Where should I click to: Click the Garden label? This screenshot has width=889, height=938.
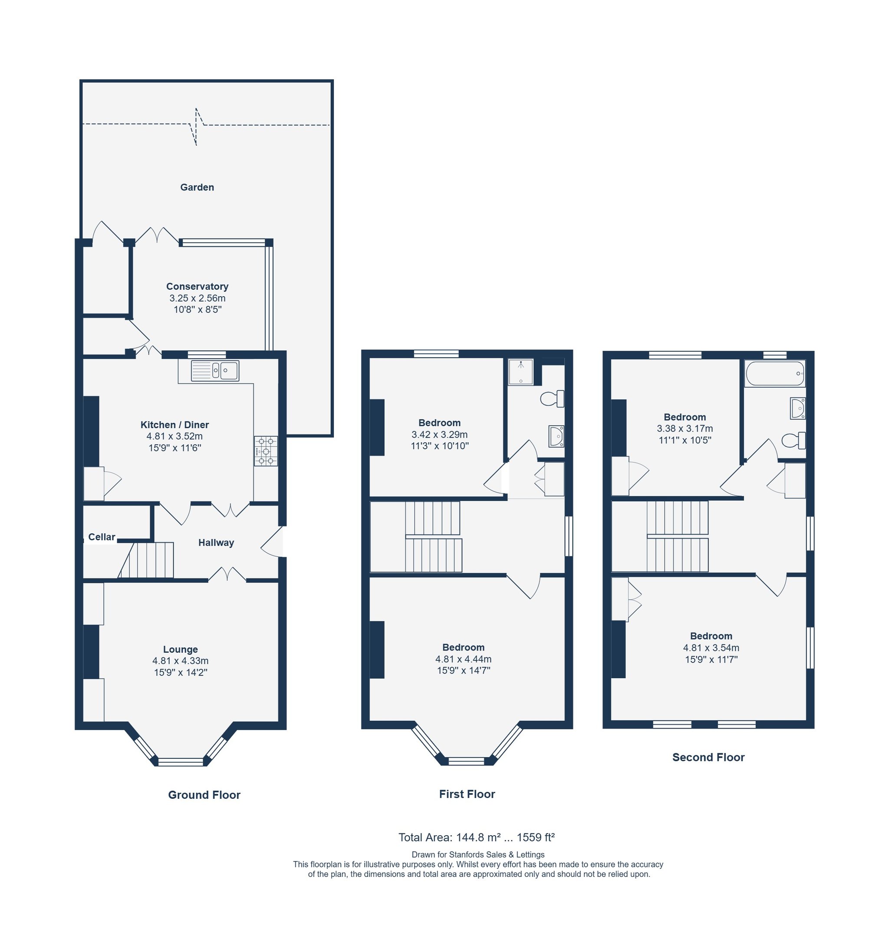pyautogui.click(x=197, y=187)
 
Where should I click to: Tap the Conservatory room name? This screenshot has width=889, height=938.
pyautogui.click(x=197, y=287)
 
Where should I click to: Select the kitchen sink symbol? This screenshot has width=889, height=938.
pyautogui.click(x=215, y=371)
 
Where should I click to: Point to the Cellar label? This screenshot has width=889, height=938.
pyautogui.click(x=102, y=537)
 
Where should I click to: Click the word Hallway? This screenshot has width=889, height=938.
pyautogui.click(x=216, y=543)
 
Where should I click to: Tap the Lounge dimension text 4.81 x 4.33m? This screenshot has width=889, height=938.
pyautogui.click(x=181, y=661)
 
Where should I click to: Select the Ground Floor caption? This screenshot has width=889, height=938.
pyautogui.click(x=204, y=795)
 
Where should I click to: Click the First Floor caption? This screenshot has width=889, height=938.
pyautogui.click(x=467, y=794)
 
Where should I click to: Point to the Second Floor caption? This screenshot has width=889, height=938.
pyautogui.click(x=708, y=757)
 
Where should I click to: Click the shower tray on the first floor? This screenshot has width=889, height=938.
pyautogui.click(x=521, y=372)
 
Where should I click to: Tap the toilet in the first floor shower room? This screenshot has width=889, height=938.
pyautogui.click(x=552, y=399)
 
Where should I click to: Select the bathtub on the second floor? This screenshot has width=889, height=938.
pyautogui.click(x=775, y=373)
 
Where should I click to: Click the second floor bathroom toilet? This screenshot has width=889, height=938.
pyautogui.click(x=793, y=440)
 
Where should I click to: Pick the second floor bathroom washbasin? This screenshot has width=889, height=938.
pyautogui.click(x=797, y=408)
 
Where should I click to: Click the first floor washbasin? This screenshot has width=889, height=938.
pyautogui.click(x=556, y=436)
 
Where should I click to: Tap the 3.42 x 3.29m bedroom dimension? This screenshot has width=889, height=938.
pyautogui.click(x=439, y=435)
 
